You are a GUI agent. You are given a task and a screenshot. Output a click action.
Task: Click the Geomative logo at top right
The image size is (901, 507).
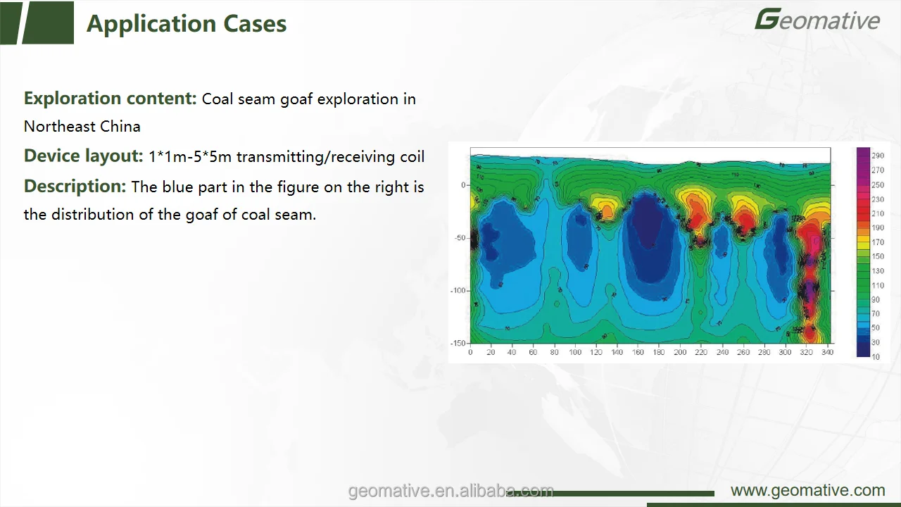pyautogui.click(x=817, y=20)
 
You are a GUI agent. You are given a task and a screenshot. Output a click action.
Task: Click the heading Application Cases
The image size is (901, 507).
pyautogui.click(x=187, y=24)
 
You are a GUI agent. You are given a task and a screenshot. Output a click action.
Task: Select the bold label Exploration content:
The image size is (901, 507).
pyautogui.click(x=110, y=99)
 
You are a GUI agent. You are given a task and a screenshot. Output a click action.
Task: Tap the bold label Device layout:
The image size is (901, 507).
pyautogui.click(x=83, y=156)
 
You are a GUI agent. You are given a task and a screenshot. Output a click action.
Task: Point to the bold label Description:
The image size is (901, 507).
pyautogui.click(x=75, y=187)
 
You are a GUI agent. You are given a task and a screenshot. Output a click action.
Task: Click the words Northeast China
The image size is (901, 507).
pyautogui.click(x=82, y=127)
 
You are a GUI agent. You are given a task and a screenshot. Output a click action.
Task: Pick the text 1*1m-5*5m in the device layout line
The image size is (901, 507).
pyautogui.click(x=190, y=157)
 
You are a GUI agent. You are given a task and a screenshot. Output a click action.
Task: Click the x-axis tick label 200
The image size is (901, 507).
pyautogui.click(x=680, y=352)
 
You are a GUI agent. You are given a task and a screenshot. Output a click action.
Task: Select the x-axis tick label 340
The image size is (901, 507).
pyautogui.click(x=827, y=352)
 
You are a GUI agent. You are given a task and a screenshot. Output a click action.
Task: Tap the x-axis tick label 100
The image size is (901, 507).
pyautogui.click(x=575, y=352)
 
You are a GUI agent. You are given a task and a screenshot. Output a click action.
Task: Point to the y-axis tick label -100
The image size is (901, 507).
pyautogui.click(x=458, y=290)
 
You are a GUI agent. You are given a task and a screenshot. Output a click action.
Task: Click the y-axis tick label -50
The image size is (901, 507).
pyautogui.click(x=460, y=238)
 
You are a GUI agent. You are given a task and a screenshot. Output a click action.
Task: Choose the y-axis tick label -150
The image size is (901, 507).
pyautogui.click(x=458, y=343)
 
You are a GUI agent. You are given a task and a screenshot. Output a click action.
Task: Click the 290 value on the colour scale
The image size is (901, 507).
pyautogui.click(x=878, y=156)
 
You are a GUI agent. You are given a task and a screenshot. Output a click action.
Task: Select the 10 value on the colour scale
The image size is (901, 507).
pyautogui.click(x=876, y=357)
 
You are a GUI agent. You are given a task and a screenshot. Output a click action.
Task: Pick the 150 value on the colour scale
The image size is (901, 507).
pyautogui.click(x=878, y=256)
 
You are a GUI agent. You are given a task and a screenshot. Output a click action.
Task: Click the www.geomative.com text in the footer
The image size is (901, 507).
pyautogui.click(x=807, y=491)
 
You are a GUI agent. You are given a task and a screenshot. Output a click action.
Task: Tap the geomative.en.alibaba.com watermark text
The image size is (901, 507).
pyautogui.click(x=450, y=491)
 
